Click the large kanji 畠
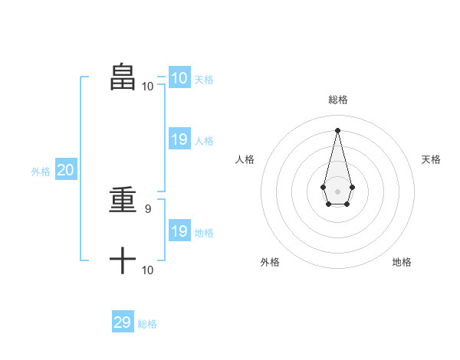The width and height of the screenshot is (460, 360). (123, 77)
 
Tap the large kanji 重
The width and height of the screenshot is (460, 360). (123, 201)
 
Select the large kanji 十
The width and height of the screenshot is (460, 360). (123, 261)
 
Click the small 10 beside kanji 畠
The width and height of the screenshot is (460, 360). (147, 87)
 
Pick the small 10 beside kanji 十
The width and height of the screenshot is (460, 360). (147, 270)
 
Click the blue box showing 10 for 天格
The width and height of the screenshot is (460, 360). (179, 77)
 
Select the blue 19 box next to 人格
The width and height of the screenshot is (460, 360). (179, 139)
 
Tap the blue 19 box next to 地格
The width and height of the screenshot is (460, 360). (179, 231)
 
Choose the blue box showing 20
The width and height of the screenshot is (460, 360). (65, 170)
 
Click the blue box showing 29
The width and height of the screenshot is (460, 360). (122, 322)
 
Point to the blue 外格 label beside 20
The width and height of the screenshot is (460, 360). (41, 172)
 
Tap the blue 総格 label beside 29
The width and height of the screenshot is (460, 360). (147, 324)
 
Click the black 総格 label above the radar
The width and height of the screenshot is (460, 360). (338, 100)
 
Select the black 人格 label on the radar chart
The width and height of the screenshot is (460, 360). (245, 159)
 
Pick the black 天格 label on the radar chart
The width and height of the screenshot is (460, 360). (431, 159)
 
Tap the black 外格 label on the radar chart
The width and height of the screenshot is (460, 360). (270, 262)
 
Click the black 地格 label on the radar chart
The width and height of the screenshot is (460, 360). (402, 262)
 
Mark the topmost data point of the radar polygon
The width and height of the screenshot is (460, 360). (337, 129)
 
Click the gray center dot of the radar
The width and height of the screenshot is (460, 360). (337, 191)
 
